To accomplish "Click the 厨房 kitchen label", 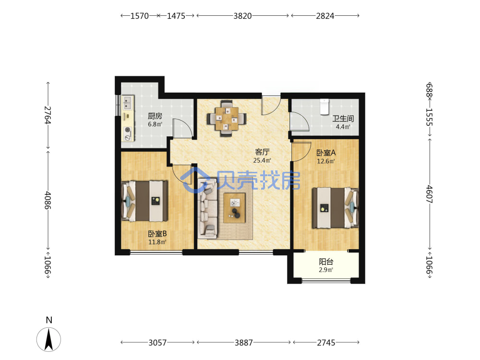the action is (155, 116).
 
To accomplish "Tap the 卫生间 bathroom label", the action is (343, 119).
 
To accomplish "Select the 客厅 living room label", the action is (263, 152).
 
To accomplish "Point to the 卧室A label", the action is (326, 153).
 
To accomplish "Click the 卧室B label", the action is (157, 234).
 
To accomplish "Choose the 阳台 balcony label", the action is (326, 262).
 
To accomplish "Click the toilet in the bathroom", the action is (324, 106).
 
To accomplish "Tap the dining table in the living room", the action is (227, 118).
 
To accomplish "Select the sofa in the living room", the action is (207, 208).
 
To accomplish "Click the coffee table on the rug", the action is (235, 208).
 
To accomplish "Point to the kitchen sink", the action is (128, 103).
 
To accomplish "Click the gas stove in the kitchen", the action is (128, 134).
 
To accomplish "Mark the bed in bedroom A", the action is (335, 207).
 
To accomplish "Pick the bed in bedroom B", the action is (144, 201).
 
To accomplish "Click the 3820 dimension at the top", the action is (242, 16).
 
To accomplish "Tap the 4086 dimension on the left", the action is (48, 200).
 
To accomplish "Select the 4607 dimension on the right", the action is (429, 194).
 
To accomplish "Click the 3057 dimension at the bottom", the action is (157, 343).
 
